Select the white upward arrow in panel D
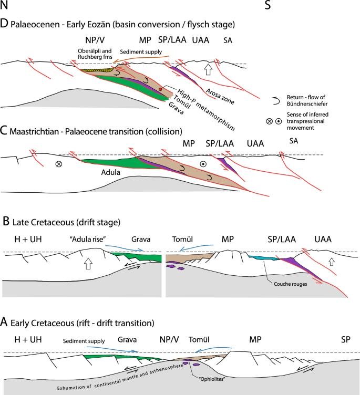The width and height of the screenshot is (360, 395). [209, 68]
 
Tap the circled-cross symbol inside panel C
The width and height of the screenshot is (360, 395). [58, 164]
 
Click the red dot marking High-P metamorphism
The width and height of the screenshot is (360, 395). [160, 90]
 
